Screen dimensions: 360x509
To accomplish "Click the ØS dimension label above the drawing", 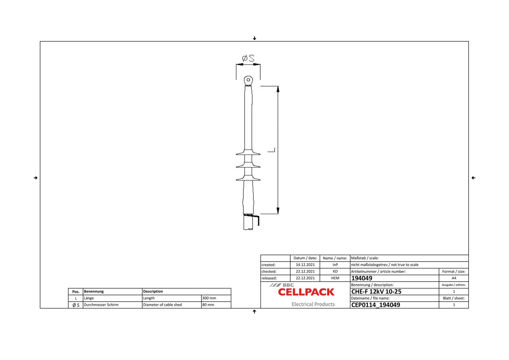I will [x=248, y=59].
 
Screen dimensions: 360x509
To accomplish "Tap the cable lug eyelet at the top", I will [x=248, y=80].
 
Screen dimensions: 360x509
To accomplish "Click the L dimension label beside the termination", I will [x=271, y=150].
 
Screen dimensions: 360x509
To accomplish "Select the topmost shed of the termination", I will [x=248, y=153].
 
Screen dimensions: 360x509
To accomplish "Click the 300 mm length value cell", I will [x=216, y=298].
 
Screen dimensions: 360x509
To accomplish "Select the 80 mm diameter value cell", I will [x=216, y=305].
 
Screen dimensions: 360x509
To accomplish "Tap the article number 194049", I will [x=362, y=278].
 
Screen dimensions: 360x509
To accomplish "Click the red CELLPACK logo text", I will [x=306, y=292].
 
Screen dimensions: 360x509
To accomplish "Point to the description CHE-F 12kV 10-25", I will [x=376, y=292].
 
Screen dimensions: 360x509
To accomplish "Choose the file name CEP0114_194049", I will [x=376, y=305].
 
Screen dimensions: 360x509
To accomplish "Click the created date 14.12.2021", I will [x=305, y=265].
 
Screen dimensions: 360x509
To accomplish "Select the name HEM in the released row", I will [x=335, y=278].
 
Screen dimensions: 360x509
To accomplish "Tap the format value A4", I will [x=454, y=278].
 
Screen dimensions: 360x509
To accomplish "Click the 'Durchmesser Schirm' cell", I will [x=101, y=305].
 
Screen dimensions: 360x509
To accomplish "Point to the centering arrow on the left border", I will [x=36, y=178].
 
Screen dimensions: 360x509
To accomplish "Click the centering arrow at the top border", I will [x=254, y=38].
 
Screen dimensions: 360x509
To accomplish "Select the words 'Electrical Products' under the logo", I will [x=313, y=304].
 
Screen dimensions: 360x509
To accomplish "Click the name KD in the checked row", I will [x=335, y=271].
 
